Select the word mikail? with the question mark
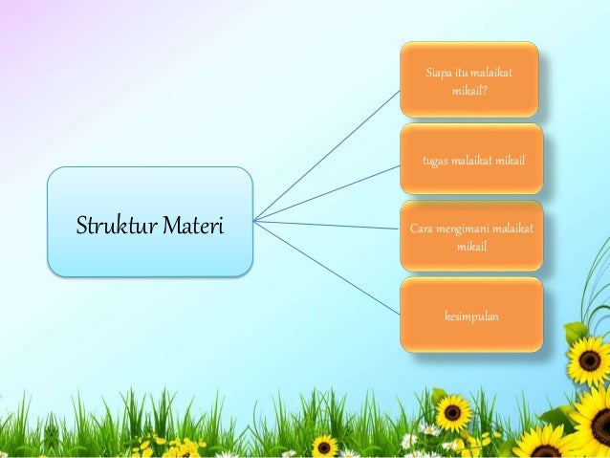pyautogui.click(x=469, y=92)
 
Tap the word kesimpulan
pyautogui.click(x=470, y=316)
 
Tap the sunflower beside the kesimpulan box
pyautogui.click(x=588, y=360)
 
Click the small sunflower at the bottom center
pyautogui.click(x=325, y=446)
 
